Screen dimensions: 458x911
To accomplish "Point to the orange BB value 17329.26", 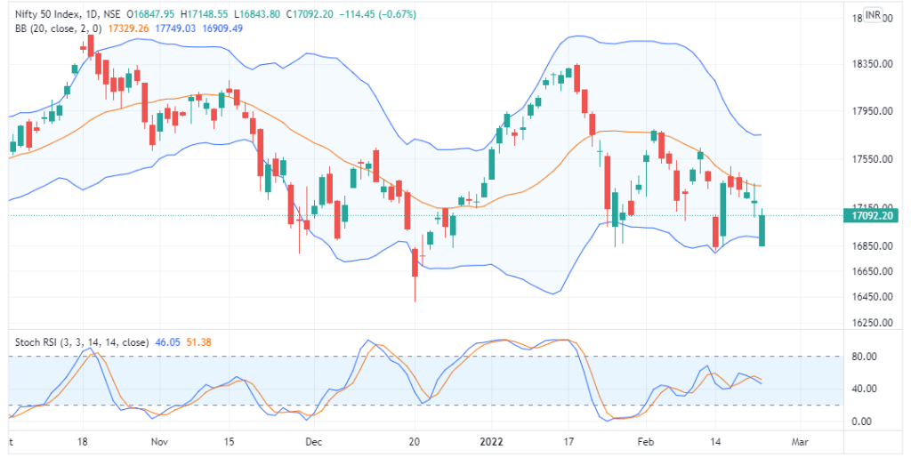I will point(127,28).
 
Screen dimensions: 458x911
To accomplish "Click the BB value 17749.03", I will point(175,28).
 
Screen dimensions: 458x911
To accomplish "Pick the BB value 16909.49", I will point(223,28).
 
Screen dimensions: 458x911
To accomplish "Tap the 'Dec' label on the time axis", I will point(313,441).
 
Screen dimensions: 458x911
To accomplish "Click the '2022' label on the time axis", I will point(490,441).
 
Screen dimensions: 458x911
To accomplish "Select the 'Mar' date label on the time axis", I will point(800,441).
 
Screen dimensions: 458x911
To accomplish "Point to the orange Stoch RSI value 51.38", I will point(198,341).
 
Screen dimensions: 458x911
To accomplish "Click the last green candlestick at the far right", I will point(762,230).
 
